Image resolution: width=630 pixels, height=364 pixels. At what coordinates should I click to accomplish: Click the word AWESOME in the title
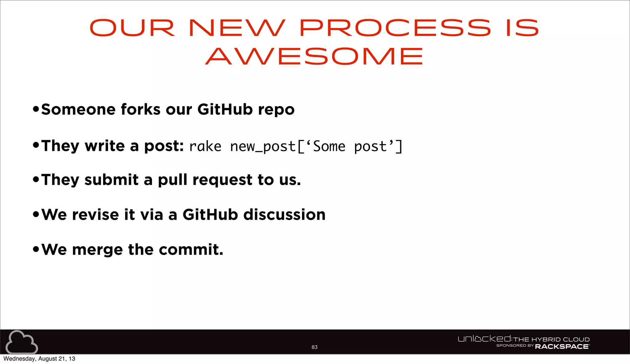pos(314,56)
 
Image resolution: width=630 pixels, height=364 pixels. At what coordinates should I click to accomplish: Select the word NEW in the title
pos(237,28)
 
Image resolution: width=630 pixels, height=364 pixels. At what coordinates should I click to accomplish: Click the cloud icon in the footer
pos(22,342)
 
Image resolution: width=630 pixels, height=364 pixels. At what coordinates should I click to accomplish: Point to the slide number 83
pos(314,347)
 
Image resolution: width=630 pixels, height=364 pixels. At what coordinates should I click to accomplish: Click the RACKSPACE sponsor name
pos(562,346)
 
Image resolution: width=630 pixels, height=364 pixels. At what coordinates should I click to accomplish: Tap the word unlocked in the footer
pos(484,339)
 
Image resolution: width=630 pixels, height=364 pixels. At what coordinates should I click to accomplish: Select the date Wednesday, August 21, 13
pos(39,359)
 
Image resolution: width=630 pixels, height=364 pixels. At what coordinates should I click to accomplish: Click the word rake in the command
pos(205,146)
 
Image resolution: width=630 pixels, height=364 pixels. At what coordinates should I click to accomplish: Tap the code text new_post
pos(263,146)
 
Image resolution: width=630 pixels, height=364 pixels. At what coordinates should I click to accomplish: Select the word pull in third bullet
pos(172,180)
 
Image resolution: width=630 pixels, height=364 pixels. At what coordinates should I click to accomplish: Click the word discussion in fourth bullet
pos(284,215)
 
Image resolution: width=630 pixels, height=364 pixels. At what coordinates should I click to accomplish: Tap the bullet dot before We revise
pos(36,214)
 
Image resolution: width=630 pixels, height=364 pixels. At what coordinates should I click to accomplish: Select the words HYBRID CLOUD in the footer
pos(560,339)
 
